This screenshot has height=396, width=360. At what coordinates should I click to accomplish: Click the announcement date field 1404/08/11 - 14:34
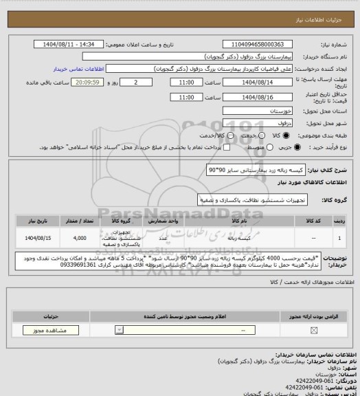pos(69,44)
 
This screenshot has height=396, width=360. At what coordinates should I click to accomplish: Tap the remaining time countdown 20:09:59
pos(86,82)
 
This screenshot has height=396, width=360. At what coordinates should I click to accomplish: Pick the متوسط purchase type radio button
pos(262,147)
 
